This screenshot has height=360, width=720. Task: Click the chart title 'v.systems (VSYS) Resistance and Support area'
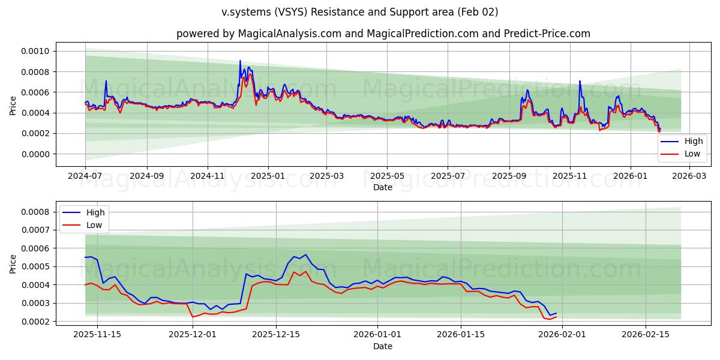(359, 12)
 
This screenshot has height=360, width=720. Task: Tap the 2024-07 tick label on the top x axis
(85, 176)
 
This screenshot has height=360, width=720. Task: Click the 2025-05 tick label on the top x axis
(386, 176)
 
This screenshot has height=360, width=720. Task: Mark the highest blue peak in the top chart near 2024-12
(240, 61)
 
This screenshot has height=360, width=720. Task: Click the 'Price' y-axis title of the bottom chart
(13, 263)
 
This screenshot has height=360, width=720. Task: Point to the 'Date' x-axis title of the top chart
(383, 187)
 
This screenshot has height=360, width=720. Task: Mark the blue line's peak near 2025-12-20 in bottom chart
(305, 254)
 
